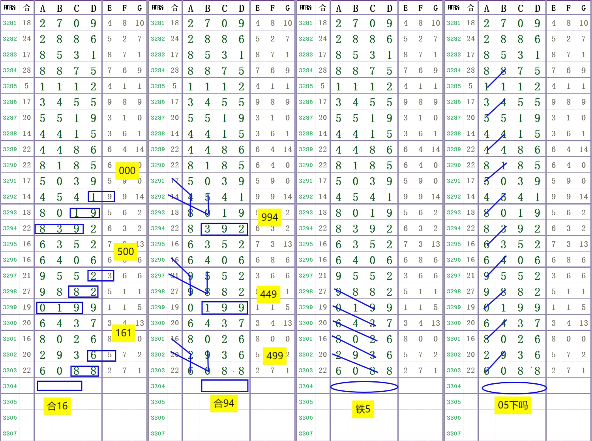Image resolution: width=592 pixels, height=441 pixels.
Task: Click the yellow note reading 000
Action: click(127, 171)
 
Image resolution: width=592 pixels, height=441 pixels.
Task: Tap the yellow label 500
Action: click(126, 251)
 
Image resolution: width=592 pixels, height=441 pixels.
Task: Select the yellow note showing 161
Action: click(123, 333)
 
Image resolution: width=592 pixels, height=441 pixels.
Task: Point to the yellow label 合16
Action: click(58, 406)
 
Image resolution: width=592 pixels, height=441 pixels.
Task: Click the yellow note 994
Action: click(270, 217)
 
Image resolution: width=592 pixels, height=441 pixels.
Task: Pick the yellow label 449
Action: click(268, 294)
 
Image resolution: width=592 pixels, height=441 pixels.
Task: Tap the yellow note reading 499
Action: click(275, 356)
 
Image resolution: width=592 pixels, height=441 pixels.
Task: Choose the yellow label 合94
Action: click(224, 403)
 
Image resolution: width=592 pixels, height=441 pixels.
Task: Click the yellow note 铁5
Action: click(363, 409)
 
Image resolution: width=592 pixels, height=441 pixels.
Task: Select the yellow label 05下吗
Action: click(513, 405)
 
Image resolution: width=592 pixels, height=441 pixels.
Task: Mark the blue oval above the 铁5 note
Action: click(364, 387)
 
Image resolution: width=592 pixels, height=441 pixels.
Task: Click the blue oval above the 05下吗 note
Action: click(514, 388)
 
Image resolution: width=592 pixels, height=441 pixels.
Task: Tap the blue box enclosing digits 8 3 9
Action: click(59, 229)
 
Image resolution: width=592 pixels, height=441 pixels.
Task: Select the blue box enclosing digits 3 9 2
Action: click(224, 229)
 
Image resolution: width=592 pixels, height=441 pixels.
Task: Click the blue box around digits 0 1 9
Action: click(60, 308)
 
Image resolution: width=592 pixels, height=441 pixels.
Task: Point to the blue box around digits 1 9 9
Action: click(224, 308)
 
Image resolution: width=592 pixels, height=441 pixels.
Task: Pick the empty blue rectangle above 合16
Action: click(60, 386)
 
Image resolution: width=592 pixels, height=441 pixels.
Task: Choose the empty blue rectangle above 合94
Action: click(225, 386)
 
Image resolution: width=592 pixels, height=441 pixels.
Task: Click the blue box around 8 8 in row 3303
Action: click(84, 371)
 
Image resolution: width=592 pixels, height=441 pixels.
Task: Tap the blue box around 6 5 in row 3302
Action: click(101, 355)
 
